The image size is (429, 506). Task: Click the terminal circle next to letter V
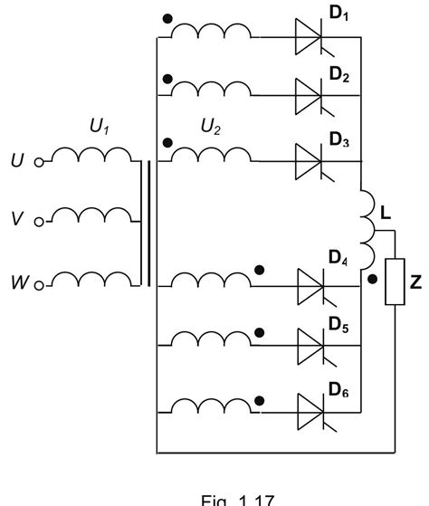click(x=39, y=221)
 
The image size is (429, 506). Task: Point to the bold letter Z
click(x=415, y=283)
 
